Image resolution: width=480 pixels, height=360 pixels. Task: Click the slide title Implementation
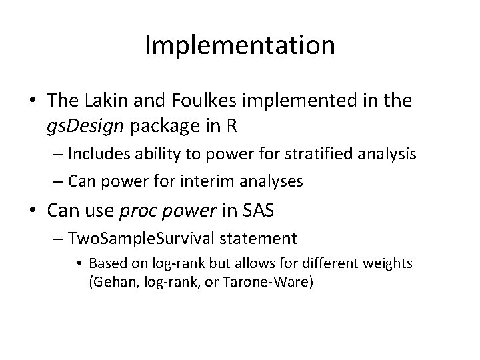pyautogui.click(x=239, y=45)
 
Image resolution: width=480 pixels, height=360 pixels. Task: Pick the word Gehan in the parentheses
pyautogui.click(x=109, y=282)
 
